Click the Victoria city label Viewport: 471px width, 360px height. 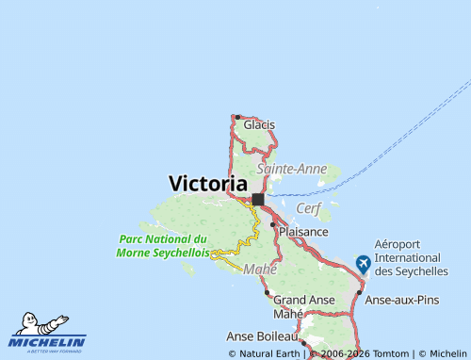(x=208, y=184)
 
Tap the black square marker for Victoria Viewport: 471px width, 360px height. (x=258, y=199)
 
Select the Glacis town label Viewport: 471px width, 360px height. (x=259, y=124)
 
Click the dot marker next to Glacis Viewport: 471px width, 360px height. (x=237, y=117)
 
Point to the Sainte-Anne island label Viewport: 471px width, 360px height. (x=292, y=169)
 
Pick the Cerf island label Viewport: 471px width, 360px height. (x=308, y=207)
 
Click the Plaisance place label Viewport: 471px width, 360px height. (x=303, y=231)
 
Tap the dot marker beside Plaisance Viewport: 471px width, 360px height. (x=273, y=224)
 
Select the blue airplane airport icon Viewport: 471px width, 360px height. (x=363, y=264)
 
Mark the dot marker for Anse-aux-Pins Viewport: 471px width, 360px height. (x=359, y=292)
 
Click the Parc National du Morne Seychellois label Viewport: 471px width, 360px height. (x=163, y=246)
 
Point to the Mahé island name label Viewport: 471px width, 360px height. (x=260, y=270)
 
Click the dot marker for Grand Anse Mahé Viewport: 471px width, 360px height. (x=268, y=292)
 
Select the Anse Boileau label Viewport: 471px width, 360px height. (x=262, y=335)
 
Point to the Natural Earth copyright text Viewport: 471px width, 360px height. (x=264, y=353)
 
